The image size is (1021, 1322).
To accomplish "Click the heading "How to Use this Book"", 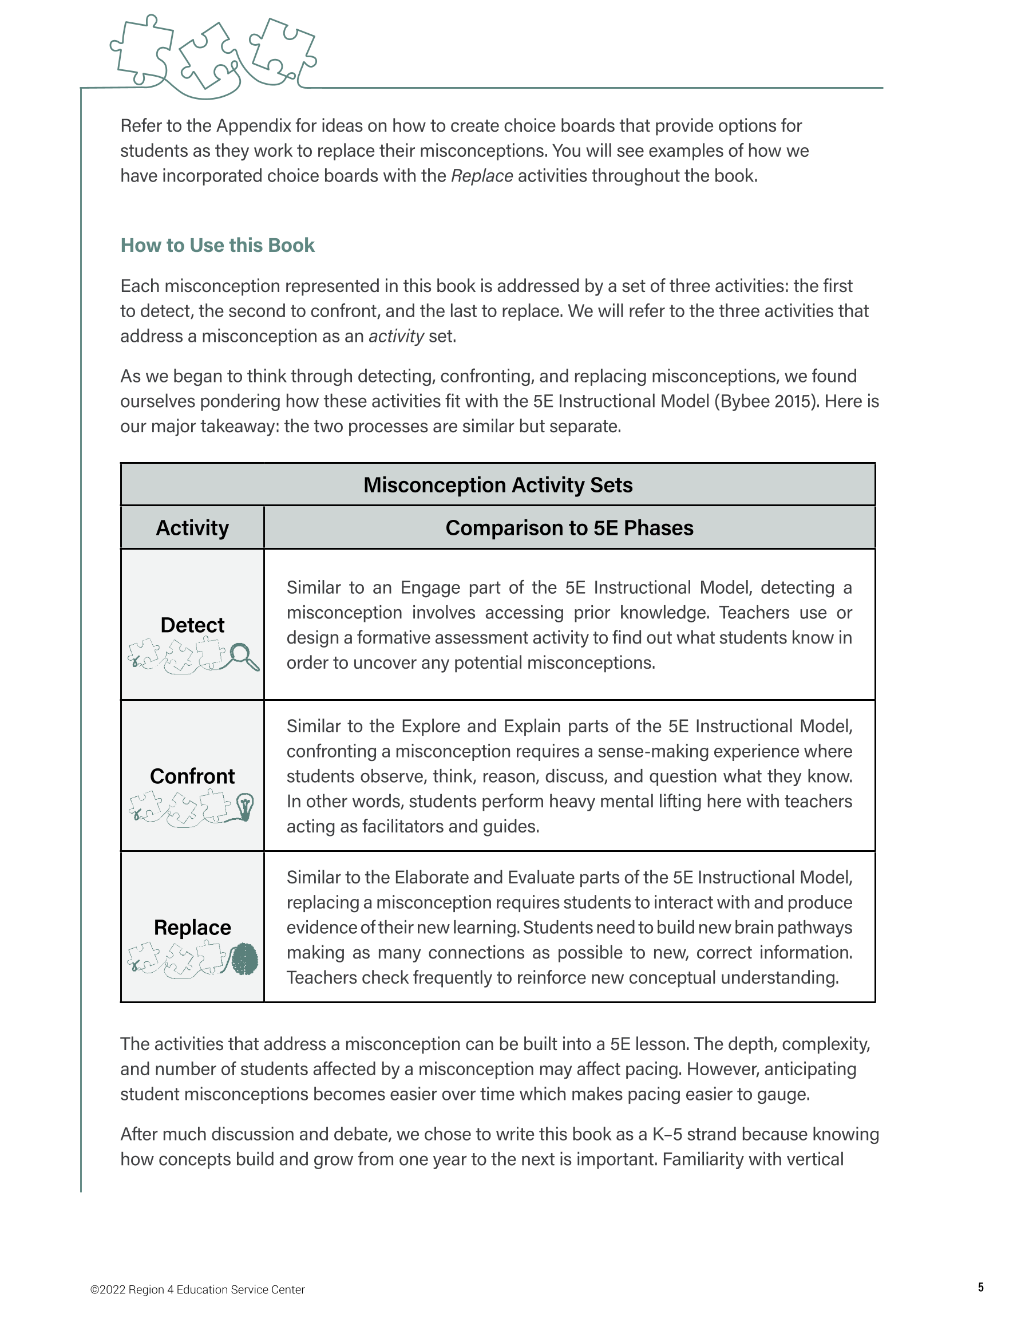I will (x=217, y=245).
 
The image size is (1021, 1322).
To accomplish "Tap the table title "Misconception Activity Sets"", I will (x=497, y=485).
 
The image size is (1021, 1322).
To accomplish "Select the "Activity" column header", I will (x=192, y=528).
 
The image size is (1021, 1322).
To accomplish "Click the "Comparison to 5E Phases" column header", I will (x=569, y=528).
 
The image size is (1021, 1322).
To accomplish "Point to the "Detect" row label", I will (x=192, y=625).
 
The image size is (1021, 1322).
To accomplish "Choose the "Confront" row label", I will (x=192, y=776).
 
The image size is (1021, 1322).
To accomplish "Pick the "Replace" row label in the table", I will (x=192, y=928).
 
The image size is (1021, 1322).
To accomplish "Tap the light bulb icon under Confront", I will (x=245, y=807).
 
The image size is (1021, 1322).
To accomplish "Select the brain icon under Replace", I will (x=245, y=959).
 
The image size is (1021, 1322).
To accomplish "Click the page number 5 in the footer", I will (x=980, y=1287).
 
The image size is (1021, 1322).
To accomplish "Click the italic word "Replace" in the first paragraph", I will (x=482, y=176).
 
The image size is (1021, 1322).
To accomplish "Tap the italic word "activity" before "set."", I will (x=397, y=336).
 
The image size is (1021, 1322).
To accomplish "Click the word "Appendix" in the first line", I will (x=254, y=126).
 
